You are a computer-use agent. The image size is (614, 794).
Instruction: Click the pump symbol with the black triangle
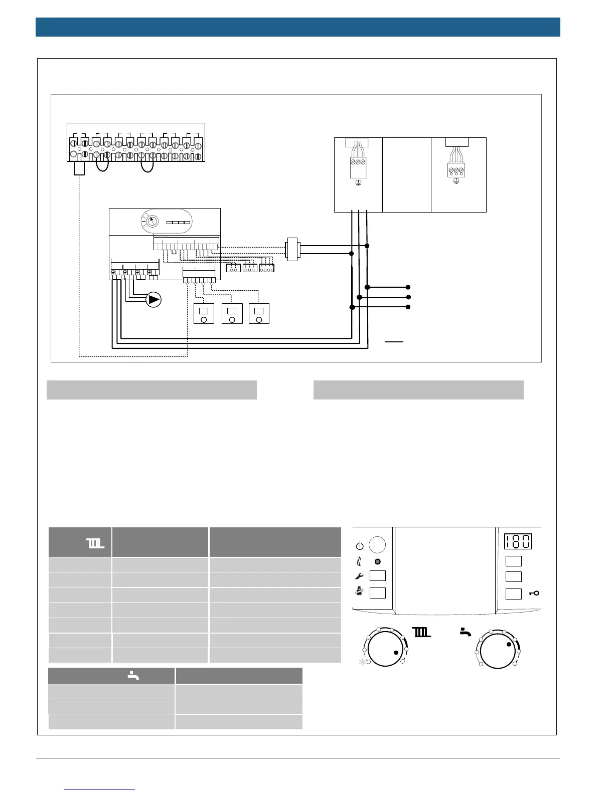[153, 300]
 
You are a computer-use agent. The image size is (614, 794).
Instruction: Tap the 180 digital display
[518, 541]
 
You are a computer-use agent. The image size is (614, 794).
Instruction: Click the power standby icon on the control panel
[359, 545]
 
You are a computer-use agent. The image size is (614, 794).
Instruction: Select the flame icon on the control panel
[359, 561]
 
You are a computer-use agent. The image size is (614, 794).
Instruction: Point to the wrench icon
[359, 576]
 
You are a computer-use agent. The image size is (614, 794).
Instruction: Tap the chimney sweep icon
[359, 592]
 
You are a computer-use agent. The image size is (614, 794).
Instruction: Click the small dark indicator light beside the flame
[377, 561]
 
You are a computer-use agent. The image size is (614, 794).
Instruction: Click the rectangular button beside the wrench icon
[378, 576]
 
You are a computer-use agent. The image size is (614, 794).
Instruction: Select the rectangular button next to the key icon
[513, 593]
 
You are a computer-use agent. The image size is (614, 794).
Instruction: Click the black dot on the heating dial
[396, 653]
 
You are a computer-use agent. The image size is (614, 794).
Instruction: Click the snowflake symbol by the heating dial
[362, 663]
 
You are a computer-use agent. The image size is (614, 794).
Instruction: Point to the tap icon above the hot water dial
[466, 633]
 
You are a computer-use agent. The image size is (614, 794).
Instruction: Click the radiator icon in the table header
[95, 543]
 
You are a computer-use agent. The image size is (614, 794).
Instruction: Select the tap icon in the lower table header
[133, 675]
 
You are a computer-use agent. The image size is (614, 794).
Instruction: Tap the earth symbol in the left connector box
[358, 184]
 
